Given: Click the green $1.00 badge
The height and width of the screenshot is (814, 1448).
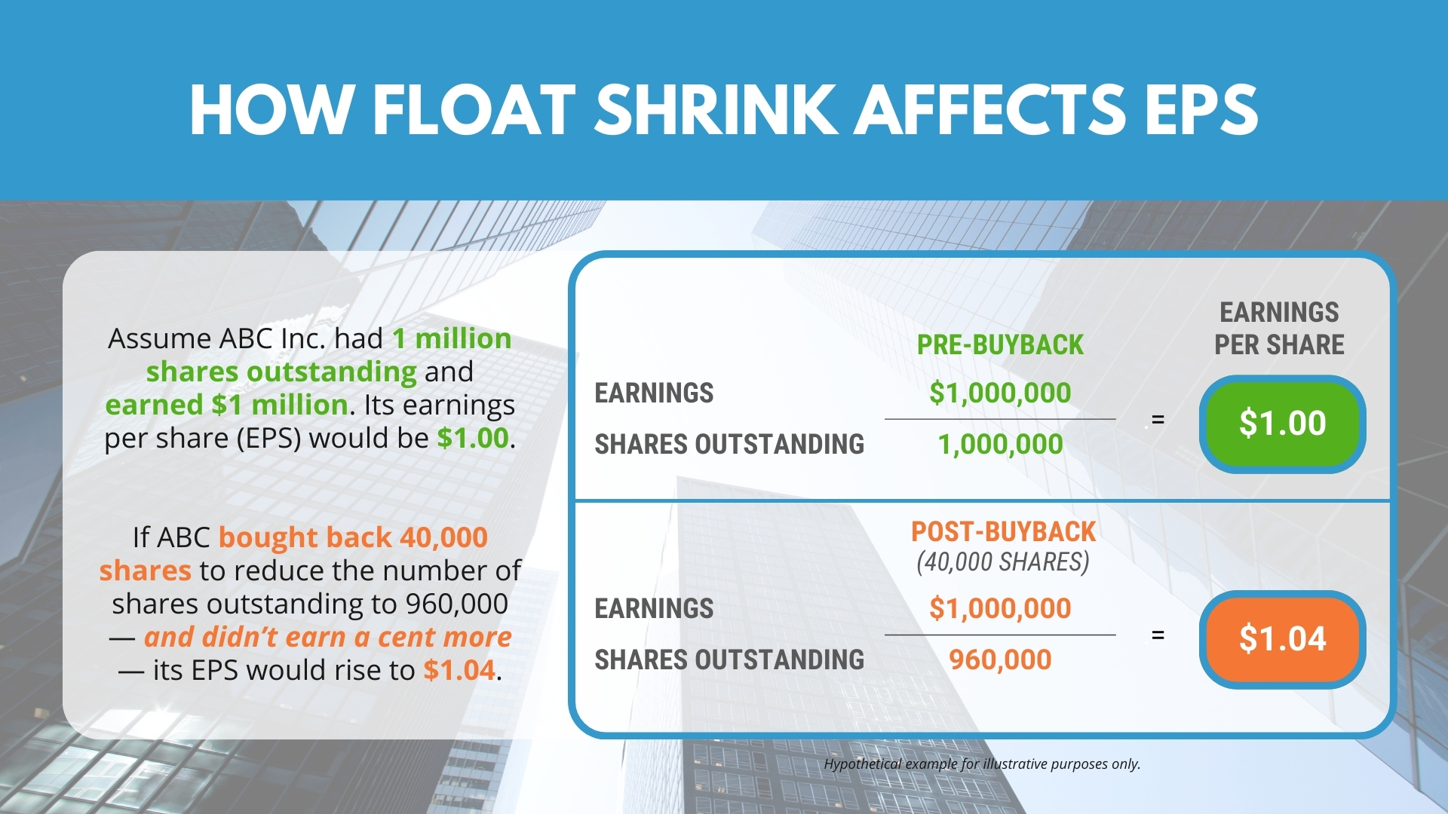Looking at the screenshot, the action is click(1282, 424).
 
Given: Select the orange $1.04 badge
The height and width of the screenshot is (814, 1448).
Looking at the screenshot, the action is click(1282, 639).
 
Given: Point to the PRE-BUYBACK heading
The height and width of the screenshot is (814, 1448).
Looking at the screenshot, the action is click(1000, 344).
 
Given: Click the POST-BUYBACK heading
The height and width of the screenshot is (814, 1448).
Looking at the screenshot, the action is click(1003, 531).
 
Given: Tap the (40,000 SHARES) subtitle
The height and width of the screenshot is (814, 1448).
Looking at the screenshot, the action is click(1003, 562).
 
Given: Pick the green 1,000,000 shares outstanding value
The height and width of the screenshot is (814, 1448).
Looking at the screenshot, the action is click(1000, 445).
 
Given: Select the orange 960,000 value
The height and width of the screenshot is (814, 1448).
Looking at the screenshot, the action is click(1000, 660).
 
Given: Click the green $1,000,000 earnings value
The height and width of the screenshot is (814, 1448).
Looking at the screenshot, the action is click(1000, 393).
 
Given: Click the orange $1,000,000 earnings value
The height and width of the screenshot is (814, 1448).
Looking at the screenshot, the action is click(1000, 608).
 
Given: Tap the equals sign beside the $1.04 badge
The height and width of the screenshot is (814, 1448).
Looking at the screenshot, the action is click(1158, 635).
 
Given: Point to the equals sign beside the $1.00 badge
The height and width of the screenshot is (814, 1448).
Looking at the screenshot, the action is click(1158, 420).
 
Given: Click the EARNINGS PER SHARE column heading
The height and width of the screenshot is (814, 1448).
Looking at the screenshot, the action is click(1279, 329).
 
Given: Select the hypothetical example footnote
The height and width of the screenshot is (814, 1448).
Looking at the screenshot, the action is click(982, 764).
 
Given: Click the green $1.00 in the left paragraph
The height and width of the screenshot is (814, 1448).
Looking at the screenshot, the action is click(473, 438).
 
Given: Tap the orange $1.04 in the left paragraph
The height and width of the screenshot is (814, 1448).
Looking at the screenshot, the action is click(459, 670).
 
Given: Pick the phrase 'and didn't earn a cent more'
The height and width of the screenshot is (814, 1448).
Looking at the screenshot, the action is click(328, 637).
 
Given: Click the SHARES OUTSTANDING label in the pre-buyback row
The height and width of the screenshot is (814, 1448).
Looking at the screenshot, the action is click(729, 445).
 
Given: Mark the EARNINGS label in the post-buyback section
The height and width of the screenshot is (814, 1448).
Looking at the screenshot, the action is click(654, 609).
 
